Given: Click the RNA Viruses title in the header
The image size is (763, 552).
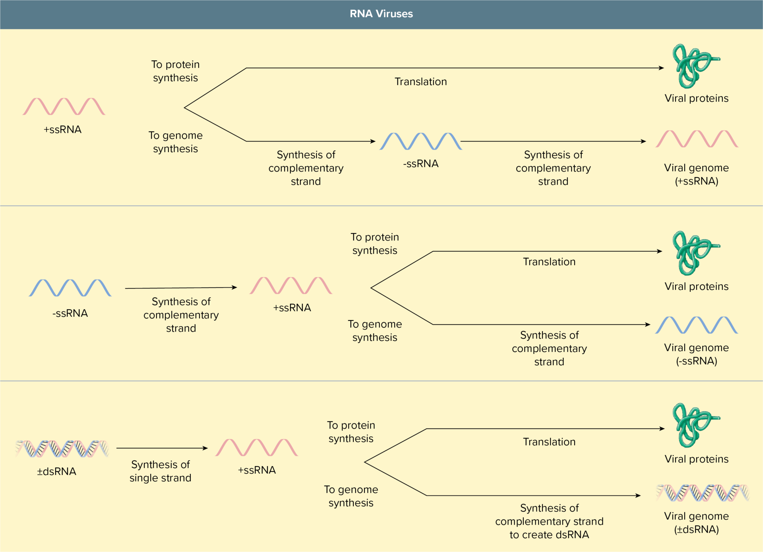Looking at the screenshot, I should [381, 14].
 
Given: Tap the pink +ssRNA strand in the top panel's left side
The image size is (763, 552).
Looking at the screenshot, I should [64, 106].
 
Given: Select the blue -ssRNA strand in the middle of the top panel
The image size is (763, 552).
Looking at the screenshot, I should [420, 141].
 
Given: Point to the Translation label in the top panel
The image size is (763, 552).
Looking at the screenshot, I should [420, 82].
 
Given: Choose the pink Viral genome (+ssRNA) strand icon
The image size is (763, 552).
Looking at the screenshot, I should [697, 139].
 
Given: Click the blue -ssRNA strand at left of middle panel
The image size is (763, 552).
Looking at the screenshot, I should [70, 288].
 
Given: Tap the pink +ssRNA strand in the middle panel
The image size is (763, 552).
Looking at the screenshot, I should [291, 286].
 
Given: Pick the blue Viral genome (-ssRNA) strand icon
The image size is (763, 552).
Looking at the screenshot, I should [697, 325].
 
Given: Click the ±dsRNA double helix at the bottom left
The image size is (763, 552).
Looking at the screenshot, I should [62, 449].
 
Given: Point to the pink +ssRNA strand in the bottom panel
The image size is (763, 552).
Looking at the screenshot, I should [257, 448].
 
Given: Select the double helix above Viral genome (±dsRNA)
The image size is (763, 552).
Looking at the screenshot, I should [702, 493].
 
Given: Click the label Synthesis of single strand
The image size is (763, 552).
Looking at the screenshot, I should [161, 471].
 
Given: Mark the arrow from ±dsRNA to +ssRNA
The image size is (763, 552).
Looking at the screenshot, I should [162, 448].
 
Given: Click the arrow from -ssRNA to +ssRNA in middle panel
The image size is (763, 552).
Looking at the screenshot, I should [181, 288].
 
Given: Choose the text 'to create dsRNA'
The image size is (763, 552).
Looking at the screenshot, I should [549, 535].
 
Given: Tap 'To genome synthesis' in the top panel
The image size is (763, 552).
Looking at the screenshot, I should [175, 142].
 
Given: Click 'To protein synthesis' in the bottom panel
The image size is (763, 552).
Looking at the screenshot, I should [351, 432].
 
